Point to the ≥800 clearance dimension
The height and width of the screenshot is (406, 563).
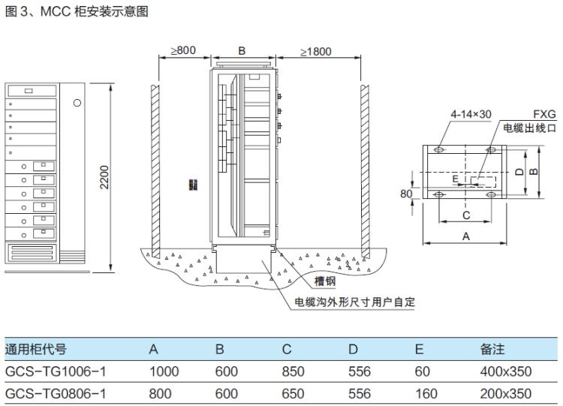[x=182, y=50]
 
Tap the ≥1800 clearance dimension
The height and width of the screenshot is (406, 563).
[x=317, y=52]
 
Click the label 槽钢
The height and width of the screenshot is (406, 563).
[x=324, y=283]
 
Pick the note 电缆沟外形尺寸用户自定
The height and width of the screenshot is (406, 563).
[x=354, y=302]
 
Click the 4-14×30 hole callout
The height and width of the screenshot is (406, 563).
[x=471, y=114]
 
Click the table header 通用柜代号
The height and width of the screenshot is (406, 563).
[x=35, y=349]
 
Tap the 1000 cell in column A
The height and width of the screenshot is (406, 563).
[x=164, y=371]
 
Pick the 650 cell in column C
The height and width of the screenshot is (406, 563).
[x=293, y=393]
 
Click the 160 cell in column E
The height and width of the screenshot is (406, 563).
[x=424, y=393]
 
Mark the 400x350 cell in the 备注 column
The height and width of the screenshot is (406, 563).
[x=506, y=371]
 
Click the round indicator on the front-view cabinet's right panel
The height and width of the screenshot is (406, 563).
[x=77, y=103]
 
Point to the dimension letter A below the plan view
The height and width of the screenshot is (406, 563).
[x=465, y=236]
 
